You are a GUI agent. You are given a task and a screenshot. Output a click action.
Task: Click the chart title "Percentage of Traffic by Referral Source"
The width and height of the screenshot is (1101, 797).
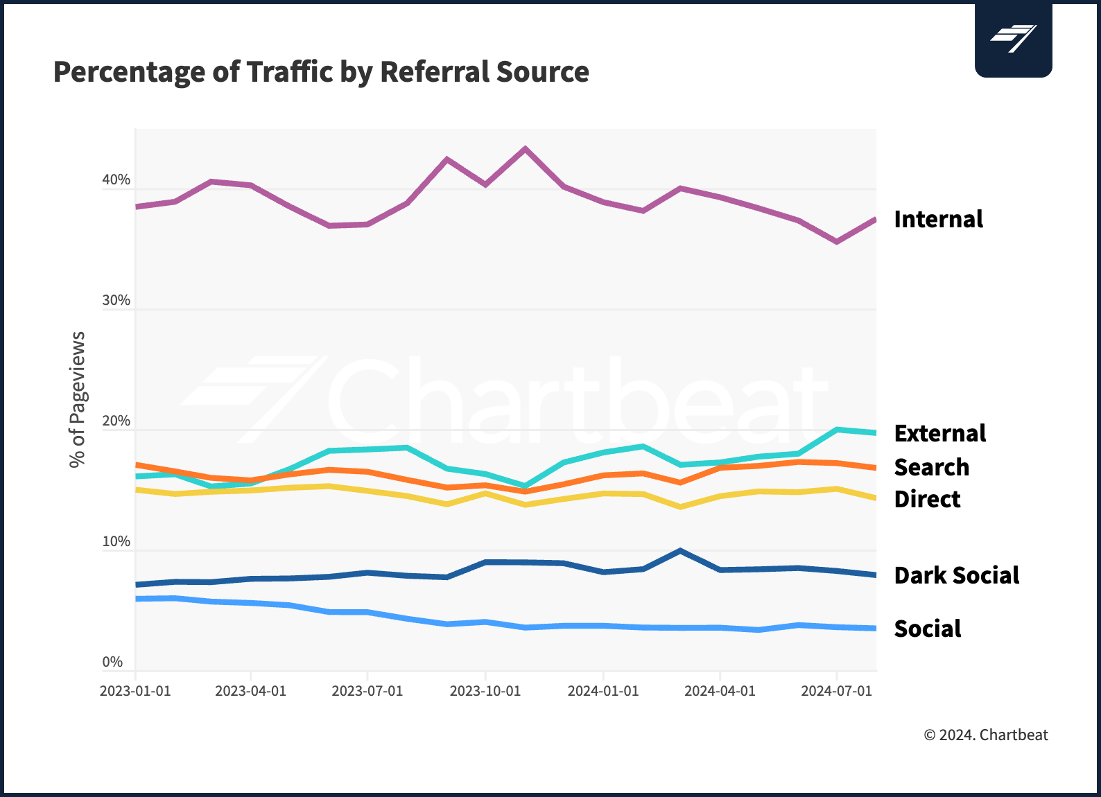[x=321, y=72]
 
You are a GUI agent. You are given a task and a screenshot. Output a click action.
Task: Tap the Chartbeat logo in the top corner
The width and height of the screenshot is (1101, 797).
[x=1013, y=39]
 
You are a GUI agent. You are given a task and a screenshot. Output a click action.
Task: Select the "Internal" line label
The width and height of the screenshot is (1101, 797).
[x=938, y=220]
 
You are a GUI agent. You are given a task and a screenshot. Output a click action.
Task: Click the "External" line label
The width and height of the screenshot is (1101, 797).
[x=939, y=434]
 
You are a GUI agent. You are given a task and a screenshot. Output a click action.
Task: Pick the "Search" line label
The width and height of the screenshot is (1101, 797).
[x=931, y=468]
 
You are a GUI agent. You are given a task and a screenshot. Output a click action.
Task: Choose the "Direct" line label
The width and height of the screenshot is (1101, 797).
[x=927, y=500]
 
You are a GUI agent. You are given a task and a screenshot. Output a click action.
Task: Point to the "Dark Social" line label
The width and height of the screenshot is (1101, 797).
[x=956, y=576]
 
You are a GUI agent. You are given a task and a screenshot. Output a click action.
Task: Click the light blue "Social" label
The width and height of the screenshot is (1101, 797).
[x=927, y=629]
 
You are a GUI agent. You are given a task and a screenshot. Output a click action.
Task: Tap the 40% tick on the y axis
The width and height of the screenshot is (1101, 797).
[x=116, y=180]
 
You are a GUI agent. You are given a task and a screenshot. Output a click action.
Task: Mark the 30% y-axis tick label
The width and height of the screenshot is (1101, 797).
[x=116, y=301]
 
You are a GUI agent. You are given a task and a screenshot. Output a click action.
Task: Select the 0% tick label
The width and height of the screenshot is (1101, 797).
[x=112, y=663]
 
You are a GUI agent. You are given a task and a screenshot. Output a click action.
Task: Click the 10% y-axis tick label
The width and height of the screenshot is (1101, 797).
[x=116, y=542]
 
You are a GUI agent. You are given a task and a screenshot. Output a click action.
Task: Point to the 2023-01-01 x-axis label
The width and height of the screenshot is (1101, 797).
[x=135, y=692]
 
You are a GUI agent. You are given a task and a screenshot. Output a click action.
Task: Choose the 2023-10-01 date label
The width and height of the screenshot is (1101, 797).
[x=485, y=692]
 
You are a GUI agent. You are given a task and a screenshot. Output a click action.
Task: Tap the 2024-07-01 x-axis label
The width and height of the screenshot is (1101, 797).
[x=836, y=692]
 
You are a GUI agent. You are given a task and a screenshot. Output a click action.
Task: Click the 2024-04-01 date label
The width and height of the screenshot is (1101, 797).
[x=720, y=692]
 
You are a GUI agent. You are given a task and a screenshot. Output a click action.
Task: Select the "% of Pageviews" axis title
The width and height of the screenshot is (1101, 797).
[x=78, y=399]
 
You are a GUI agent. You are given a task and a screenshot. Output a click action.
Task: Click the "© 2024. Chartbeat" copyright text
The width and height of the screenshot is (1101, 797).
[x=985, y=735]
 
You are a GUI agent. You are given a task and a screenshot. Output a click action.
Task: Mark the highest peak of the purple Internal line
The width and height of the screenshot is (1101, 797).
[x=525, y=148]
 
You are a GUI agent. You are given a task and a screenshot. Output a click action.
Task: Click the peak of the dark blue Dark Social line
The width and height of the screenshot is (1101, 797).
[x=680, y=551]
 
